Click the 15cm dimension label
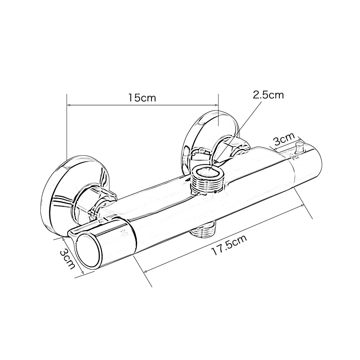142,98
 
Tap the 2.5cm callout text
268,95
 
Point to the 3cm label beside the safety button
284,139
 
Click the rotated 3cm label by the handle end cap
68,258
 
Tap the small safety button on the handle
298,148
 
